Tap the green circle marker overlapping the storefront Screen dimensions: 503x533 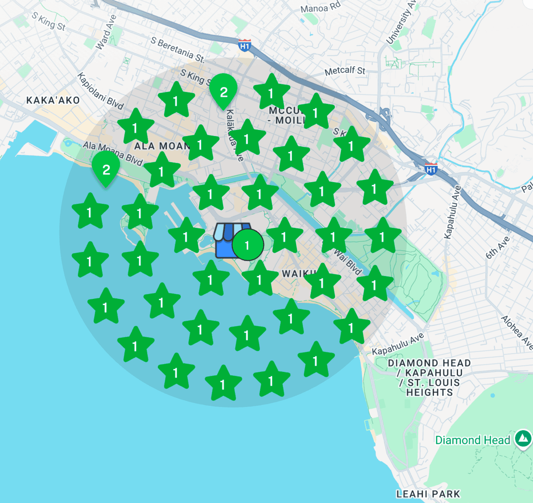coord(248,245)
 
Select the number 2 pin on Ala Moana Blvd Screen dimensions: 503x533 coord(106,170)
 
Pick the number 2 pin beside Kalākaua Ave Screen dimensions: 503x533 coord(223,92)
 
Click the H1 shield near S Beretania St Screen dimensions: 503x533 coord(245,46)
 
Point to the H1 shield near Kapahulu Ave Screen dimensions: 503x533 coord(431,169)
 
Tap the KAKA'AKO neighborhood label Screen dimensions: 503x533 coord(53,100)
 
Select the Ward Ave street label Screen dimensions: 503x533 coord(106,32)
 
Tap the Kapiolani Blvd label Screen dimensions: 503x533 coord(100,91)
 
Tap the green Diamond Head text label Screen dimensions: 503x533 coord(472,440)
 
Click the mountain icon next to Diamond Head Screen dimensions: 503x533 coord(524,438)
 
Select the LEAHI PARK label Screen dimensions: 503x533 coord(428,494)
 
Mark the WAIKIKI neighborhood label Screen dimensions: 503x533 coord(298,274)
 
